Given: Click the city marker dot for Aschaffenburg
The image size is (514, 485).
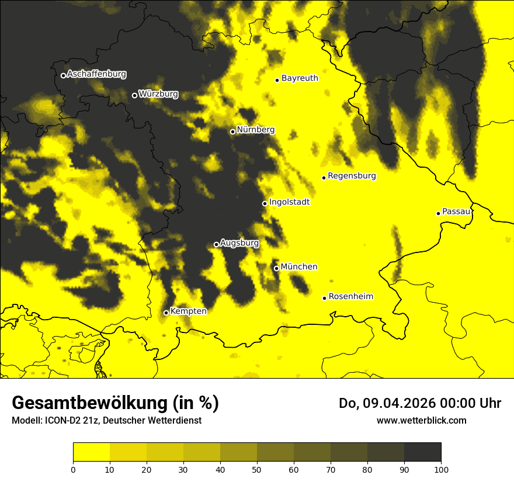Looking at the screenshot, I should coord(63,75).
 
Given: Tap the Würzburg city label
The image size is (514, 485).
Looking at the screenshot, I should coord(158,94).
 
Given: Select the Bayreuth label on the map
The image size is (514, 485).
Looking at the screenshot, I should coord(300,78).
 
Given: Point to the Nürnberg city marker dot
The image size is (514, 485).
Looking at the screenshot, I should coord(232,131).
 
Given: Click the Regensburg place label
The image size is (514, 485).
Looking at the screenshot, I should coord(352,176).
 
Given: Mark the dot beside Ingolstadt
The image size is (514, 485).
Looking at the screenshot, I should coord(265,203).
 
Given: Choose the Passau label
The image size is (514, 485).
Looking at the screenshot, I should coord(456,212).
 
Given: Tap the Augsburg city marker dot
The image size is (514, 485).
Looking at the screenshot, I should coord(216,244).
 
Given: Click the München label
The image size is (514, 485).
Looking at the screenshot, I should coord(298,267).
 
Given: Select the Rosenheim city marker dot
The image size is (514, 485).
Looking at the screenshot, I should coord(324,298).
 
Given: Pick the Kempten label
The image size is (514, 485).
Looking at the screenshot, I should coord(188,311).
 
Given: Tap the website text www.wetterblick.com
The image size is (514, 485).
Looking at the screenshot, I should coord(421,420).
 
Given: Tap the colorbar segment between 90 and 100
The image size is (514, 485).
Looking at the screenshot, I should coord(422,453).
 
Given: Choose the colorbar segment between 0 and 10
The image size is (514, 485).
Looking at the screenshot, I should coord(92,453).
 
